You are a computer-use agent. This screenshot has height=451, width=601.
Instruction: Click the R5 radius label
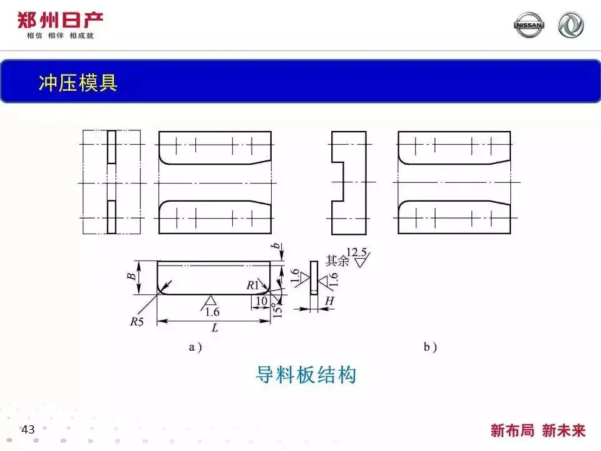(x=136, y=322)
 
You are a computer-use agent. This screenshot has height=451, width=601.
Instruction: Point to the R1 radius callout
(x=252, y=286)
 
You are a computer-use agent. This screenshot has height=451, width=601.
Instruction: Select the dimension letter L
(x=215, y=328)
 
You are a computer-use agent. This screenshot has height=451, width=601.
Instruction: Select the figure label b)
(x=430, y=347)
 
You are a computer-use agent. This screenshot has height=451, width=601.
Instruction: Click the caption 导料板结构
(x=306, y=375)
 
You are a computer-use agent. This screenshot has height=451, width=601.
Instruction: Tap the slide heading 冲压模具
(x=78, y=83)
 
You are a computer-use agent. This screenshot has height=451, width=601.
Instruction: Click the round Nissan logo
(x=529, y=25)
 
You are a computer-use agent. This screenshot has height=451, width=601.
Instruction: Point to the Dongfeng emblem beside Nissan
(x=571, y=25)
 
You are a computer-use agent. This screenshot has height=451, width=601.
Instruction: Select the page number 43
(x=28, y=430)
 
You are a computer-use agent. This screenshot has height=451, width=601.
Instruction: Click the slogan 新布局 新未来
(x=538, y=430)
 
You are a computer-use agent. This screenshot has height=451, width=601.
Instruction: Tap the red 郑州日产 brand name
(x=59, y=19)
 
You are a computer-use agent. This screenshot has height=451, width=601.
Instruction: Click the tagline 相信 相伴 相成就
(x=59, y=36)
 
